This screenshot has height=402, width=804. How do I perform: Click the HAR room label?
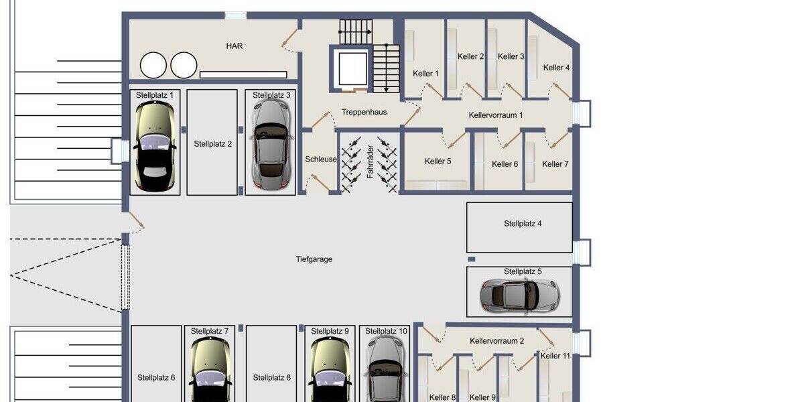pos(234,46)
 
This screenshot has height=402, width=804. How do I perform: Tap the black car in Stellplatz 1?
pos(155,147)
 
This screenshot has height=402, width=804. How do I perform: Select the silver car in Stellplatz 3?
pos(271,144)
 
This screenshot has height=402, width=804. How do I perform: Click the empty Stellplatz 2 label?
pos(212,143)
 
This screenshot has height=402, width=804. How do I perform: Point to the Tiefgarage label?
pos(314,259)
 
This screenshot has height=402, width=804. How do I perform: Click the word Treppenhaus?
pos(364,113)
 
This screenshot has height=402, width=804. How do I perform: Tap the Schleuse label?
pos(321,159)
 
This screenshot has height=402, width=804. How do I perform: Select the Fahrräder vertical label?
pos(369,161)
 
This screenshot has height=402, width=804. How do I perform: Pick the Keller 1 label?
pos(426,74)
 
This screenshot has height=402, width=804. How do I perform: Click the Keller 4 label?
pos(556,68)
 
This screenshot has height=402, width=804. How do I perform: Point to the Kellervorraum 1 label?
pos(496,115)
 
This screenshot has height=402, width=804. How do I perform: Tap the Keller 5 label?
pos(438,161)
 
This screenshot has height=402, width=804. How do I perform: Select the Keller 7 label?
pos(555,164)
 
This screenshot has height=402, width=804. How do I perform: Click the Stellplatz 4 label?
pos(523,224)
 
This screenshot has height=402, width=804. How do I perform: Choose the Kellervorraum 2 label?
pos(496,341)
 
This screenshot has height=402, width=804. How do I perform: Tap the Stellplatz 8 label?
pos(272,378)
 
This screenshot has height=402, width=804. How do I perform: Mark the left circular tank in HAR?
pos(153,66)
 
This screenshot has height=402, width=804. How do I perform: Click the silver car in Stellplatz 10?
pos(385,368)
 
